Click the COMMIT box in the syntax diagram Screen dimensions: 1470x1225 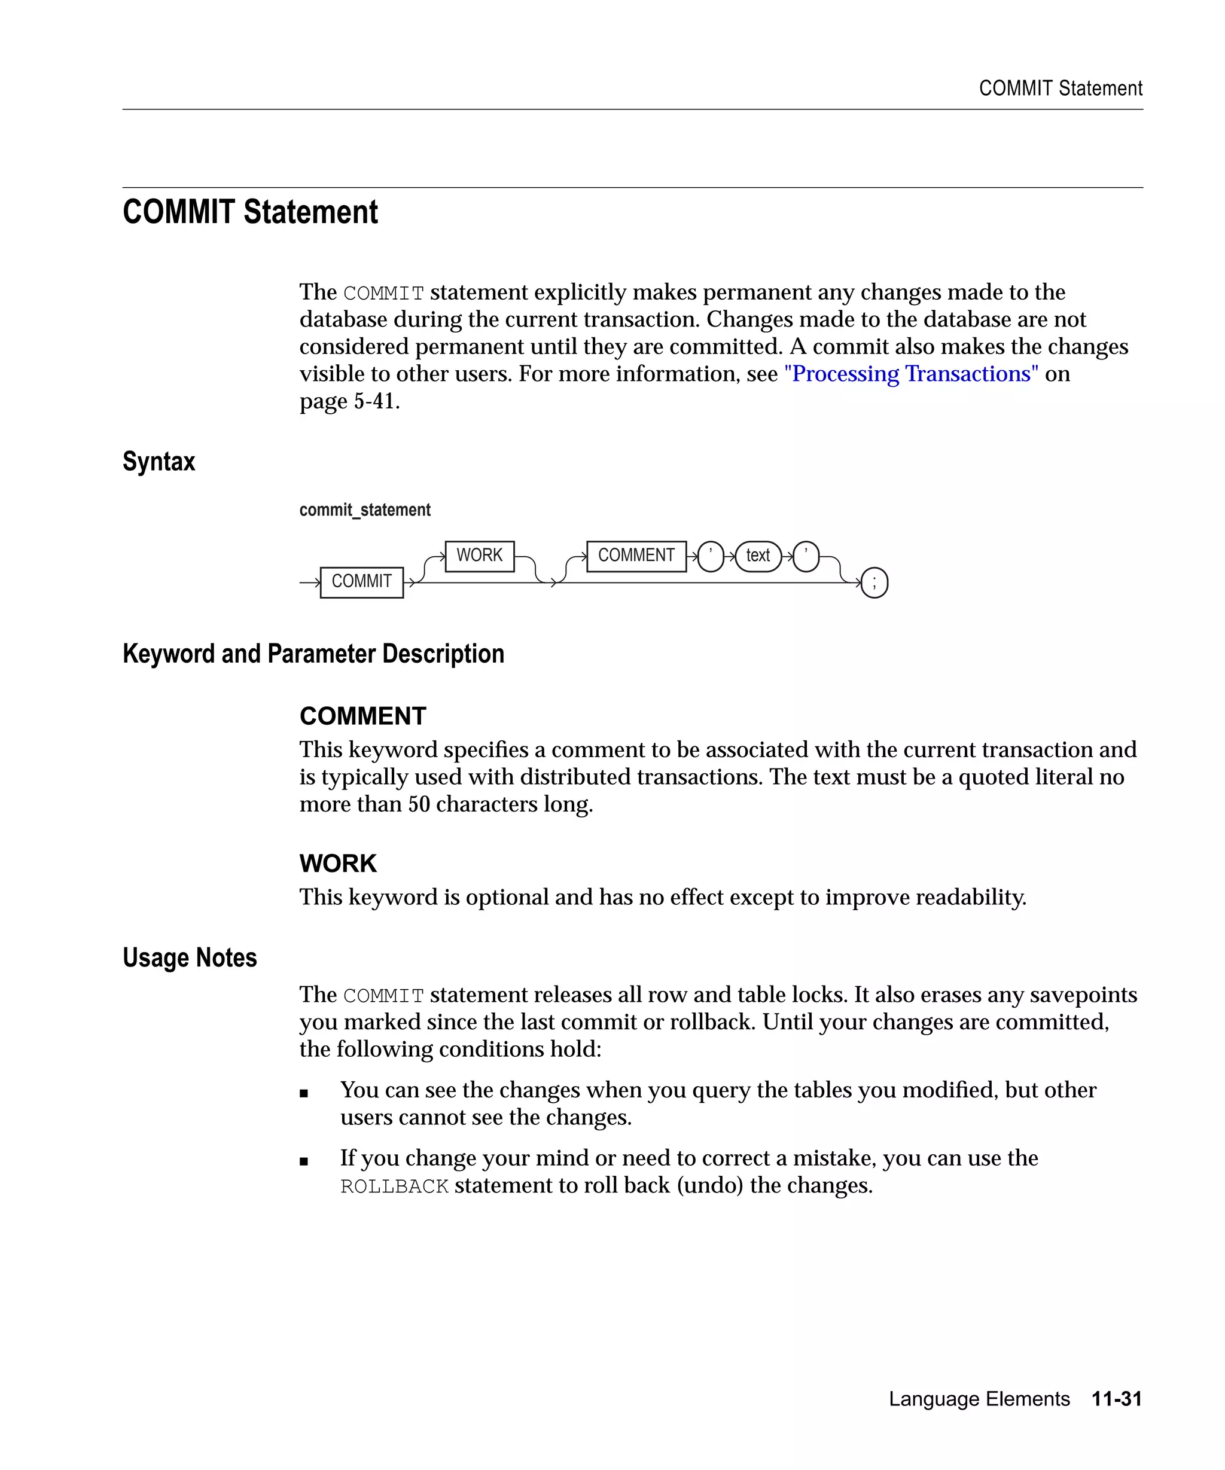(x=361, y=582)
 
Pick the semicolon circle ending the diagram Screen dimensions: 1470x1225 (x=874, y=582)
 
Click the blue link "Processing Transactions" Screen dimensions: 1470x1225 (x=911, y=374)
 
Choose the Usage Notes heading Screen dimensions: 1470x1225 (x=190, y=957)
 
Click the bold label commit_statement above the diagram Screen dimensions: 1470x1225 (x=365, y=510)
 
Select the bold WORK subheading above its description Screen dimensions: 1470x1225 (x=338, y=863)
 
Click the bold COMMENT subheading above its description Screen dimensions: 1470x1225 (x=362, y=715)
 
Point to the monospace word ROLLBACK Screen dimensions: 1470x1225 (x=394, y=1187)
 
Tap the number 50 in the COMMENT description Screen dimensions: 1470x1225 (x=419, y=804)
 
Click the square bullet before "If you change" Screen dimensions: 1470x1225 (x=304, y=1161)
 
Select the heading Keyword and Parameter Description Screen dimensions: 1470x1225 (x=313, y=653)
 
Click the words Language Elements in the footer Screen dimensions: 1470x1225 (x=979, y=1399)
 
